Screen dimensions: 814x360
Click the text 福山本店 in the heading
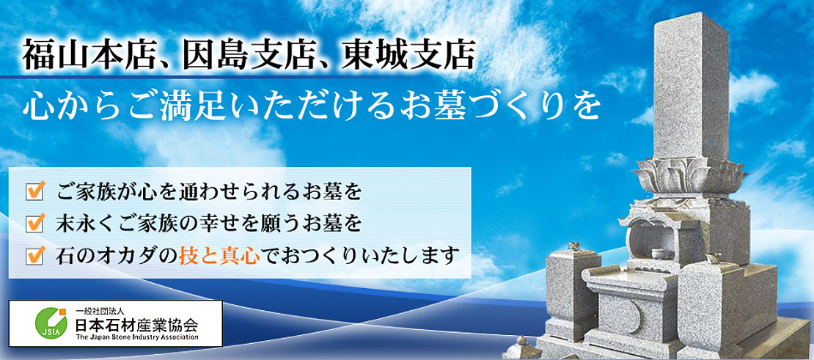pyautogui.click(x=88, y=56)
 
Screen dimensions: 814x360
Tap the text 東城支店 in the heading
pyautogui.click(x=407, y=56)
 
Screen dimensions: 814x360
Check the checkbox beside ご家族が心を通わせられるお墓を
pyautogui.click(x=34, y=191)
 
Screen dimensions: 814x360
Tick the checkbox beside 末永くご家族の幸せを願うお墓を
pyautogui.click(x=34, y=224)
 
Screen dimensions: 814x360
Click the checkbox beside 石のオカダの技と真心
pyautogui.click(x=34, y=256)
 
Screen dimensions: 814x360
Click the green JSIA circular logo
pyautogui.click(x=50, y=322)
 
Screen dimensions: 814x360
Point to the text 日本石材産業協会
pyautogui.click(x=136, y=326)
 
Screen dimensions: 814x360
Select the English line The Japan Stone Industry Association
pyautogui.click(x=136, y=337)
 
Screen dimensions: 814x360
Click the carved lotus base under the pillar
pyautogui.click(x=690, y=177)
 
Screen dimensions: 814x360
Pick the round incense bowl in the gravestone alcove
pyautogui.click(x=659, y=254)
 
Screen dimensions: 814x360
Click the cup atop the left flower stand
pyautogui.click(x=575, y=246)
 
